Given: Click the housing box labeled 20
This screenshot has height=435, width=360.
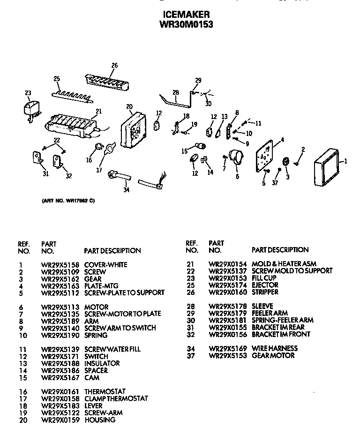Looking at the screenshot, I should [134, 128].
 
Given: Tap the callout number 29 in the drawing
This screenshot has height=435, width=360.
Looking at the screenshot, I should [198, 80].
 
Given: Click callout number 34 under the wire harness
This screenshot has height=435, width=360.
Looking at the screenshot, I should [126, 190].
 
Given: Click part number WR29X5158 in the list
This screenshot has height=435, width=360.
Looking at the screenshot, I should [60, 265].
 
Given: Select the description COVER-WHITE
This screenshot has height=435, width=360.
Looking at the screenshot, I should [105, 265].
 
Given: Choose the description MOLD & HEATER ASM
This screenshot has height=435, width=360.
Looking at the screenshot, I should [284, 264].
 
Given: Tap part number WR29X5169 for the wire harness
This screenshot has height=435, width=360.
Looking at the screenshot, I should [228, 348].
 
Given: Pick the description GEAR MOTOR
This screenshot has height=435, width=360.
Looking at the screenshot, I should [273, 355].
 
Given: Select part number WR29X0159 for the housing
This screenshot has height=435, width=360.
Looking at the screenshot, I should [60, 420].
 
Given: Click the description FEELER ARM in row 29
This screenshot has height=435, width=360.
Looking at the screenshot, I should [270, 313].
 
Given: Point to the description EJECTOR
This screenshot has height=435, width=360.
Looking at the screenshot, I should [265, 285].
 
